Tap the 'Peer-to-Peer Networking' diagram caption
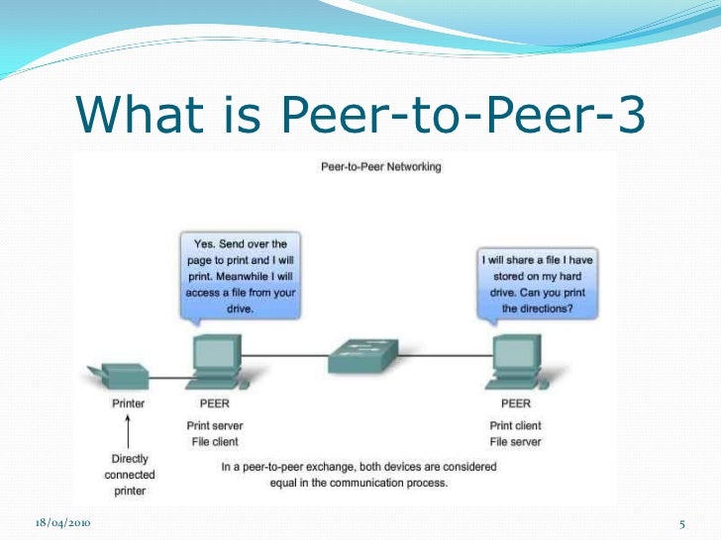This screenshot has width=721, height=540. pos(381,166)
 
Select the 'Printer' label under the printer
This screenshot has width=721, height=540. pos(128,404)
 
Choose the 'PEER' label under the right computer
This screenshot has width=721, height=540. pos(514,404)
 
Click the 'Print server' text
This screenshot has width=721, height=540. pos(214,426)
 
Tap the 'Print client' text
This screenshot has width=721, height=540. pos(516,426)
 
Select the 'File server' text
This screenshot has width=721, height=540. pos(516,442)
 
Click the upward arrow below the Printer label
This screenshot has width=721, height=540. pos(128,432)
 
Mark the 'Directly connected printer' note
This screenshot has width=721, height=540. pos(128,475)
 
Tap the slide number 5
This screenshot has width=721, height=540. pos(683,522)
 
